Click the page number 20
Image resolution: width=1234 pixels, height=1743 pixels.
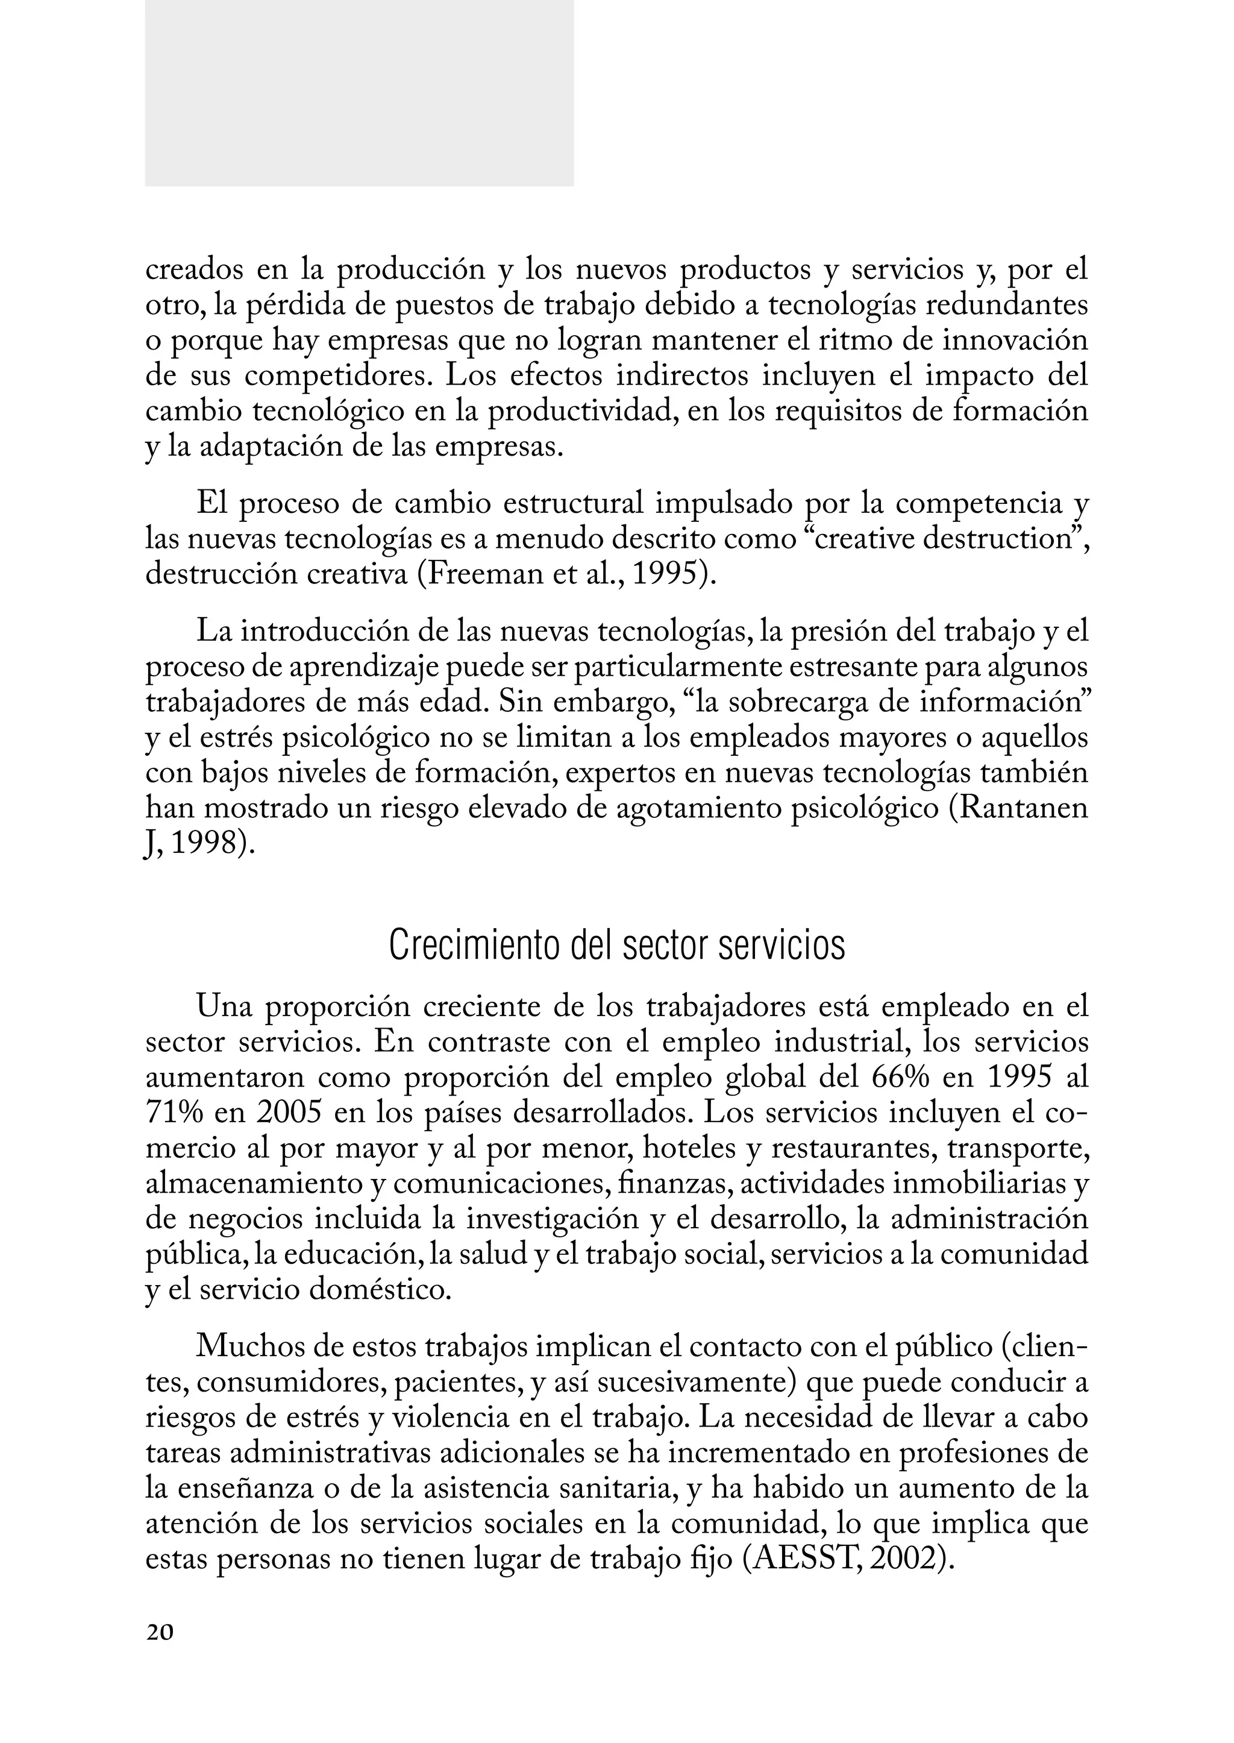(160, 1632)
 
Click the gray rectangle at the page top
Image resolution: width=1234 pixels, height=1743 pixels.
(359, 93)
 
